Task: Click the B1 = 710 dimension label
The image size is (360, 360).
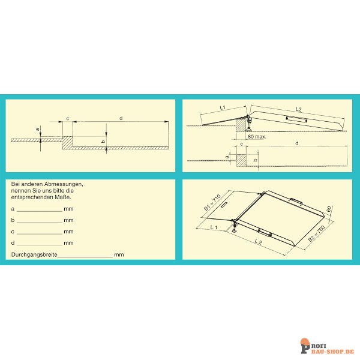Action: point(212,203)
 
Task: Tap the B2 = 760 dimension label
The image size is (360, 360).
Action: point(316,233)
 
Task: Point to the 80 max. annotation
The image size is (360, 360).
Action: point(257,137)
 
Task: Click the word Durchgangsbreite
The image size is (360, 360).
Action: point(34,254)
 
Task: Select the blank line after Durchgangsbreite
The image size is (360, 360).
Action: point(85,257)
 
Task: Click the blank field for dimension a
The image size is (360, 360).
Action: point(40,211)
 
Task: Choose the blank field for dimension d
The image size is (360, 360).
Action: point(40,245)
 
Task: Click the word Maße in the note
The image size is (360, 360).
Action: point(63,197)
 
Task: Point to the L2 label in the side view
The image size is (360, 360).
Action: point(298,110)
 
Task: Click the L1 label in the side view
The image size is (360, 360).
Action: point(223,107)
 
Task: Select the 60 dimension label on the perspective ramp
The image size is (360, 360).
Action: point(329,209)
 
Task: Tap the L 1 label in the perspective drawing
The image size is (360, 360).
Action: point(214,227)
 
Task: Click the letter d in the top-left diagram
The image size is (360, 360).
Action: point(121,118)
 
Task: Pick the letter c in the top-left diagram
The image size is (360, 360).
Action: point(68,119)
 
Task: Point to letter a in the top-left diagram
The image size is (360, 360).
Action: point(37,130)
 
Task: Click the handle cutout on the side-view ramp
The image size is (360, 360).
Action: point(296,119)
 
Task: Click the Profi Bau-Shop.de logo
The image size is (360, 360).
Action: point(328,346)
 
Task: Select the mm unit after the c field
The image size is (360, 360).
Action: point(68,232)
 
